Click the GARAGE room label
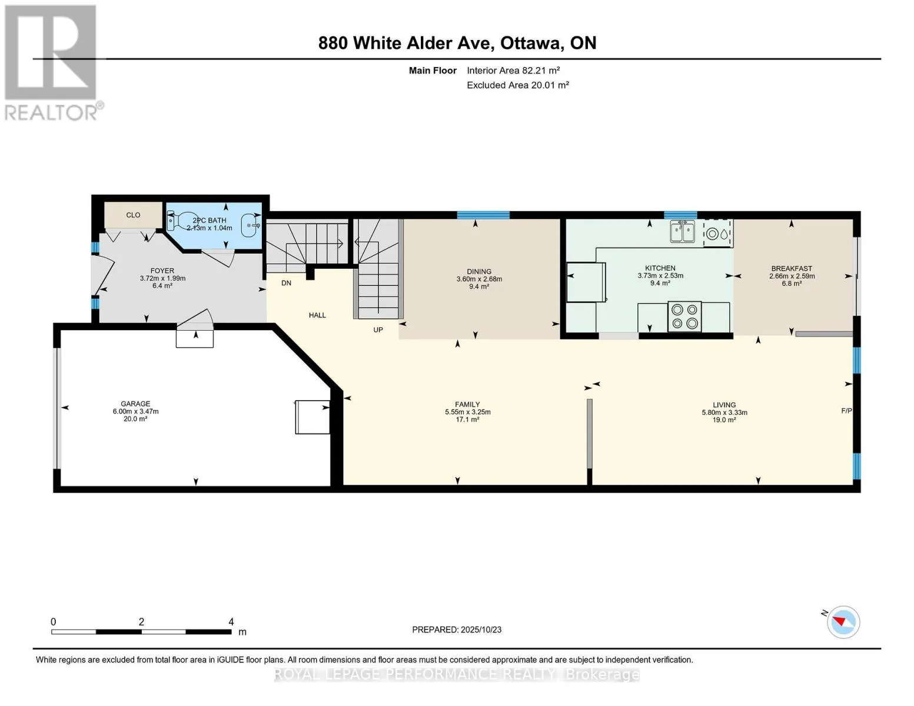tap(135, 404)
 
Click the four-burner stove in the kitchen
tap(684, 317)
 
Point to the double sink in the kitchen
tap(682, 232)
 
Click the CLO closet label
tap(133, 215)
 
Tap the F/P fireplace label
tap(846, 411)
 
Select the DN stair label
tap(286, 283)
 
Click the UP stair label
tap(378, 329)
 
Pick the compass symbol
tap(843, 622)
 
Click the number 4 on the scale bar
tap(231, 621)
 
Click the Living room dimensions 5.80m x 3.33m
tap(724, 412)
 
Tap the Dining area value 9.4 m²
tap(479, 287)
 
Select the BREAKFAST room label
tap(792, 268)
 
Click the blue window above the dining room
tap(483, 215)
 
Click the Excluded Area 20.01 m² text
tap(518, 85)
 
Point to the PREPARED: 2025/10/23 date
tap(457, 630)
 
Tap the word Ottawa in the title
tap(532, 43)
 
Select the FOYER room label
tap(162, 271)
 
